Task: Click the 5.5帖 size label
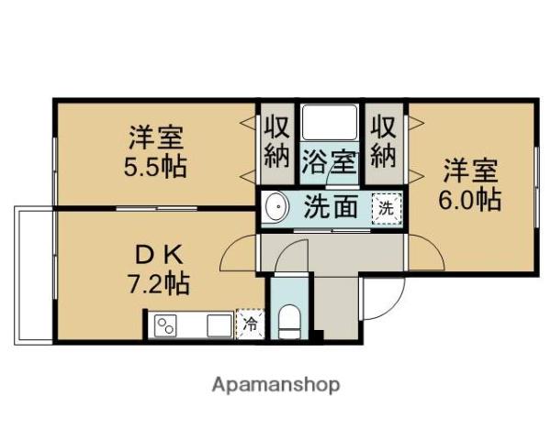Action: coord(156,169)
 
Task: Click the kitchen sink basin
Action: coord(218,325)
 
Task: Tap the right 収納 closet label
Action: coord(383,140)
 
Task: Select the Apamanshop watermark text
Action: coord(275,384)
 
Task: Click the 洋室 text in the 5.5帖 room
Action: coord(156,139)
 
